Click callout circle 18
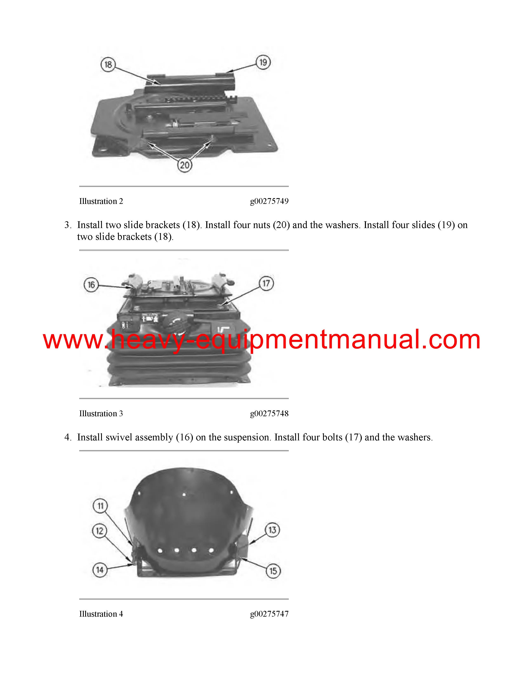tap(108, 65)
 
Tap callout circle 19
tap(263, 62)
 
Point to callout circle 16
tap(91, 285)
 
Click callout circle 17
tap(266, 283)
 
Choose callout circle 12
tap(100, 531)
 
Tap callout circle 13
tap(272, 530)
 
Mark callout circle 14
tap(100, 570)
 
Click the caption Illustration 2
tap(101, 201)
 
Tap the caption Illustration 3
tap(101, 414)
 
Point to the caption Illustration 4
tap(101, 614)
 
